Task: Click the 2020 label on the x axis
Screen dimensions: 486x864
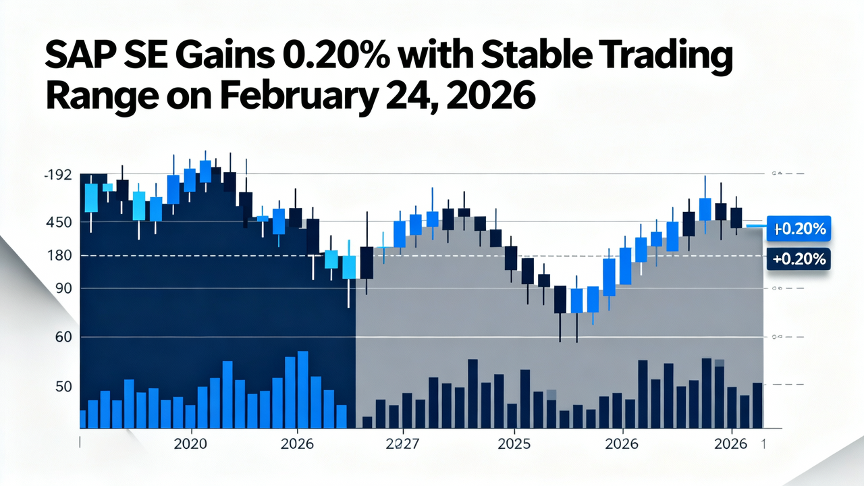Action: [x=191, y=444]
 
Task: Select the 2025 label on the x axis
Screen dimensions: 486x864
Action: [x=514, y=444]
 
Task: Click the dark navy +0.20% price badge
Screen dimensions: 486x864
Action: [x=799, y=259]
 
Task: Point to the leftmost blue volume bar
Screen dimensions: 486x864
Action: [x=82, y=418]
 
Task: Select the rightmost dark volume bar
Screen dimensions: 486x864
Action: [x=757, y=405]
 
